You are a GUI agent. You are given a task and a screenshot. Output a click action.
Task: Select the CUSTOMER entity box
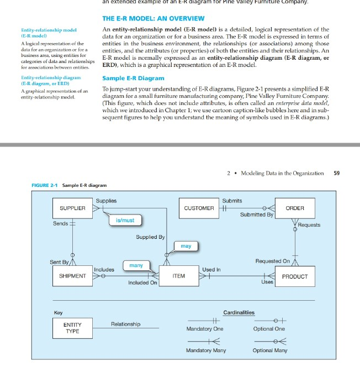(x=199, y=208)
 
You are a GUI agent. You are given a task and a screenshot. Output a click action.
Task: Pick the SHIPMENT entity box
(x=72, y=275)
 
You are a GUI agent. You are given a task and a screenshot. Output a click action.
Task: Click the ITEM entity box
(x=178, y=275)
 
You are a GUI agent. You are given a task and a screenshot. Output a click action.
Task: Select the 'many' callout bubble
(x=136, y=265)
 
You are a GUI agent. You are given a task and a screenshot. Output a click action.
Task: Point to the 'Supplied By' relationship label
(x=150, y=237)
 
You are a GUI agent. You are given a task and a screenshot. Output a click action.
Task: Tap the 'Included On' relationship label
(x=142, y=283)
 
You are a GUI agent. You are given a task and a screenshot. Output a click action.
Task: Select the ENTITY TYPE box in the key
(x=72, y=328)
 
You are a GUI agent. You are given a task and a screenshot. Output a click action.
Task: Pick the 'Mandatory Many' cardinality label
(x=206, y=350)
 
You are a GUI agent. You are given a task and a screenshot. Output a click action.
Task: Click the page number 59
(x=337, y=173)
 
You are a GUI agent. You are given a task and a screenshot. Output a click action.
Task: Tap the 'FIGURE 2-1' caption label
(x=41, y=185)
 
